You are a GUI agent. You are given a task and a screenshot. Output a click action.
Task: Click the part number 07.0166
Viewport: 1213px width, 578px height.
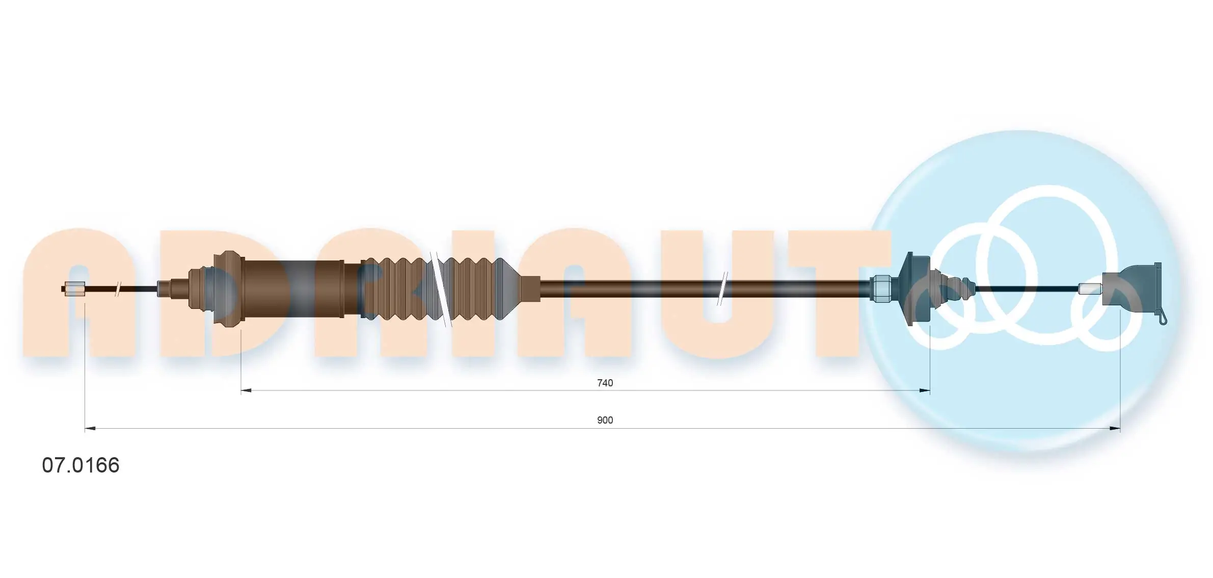click(80, 465)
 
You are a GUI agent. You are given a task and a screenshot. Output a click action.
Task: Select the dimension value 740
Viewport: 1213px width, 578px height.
click(605, 383)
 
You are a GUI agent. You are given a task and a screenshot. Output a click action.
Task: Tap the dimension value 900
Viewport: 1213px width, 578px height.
click(605, 420)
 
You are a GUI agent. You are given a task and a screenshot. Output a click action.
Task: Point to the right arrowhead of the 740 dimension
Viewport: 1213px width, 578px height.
click(924, 390)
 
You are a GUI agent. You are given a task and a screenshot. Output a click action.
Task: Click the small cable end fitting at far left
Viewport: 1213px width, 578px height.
click(74, 289)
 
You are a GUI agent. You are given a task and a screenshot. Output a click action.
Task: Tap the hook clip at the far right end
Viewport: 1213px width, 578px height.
click(1163, 318)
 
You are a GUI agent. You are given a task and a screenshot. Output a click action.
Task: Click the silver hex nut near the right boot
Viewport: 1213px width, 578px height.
click(881, 289)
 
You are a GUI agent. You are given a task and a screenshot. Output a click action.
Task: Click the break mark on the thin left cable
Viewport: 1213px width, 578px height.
click(118, 289)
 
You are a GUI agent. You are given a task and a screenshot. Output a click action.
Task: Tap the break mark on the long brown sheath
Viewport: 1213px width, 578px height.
click(722, 289)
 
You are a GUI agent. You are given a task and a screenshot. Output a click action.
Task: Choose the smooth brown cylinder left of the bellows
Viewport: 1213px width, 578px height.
click(293, 289)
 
